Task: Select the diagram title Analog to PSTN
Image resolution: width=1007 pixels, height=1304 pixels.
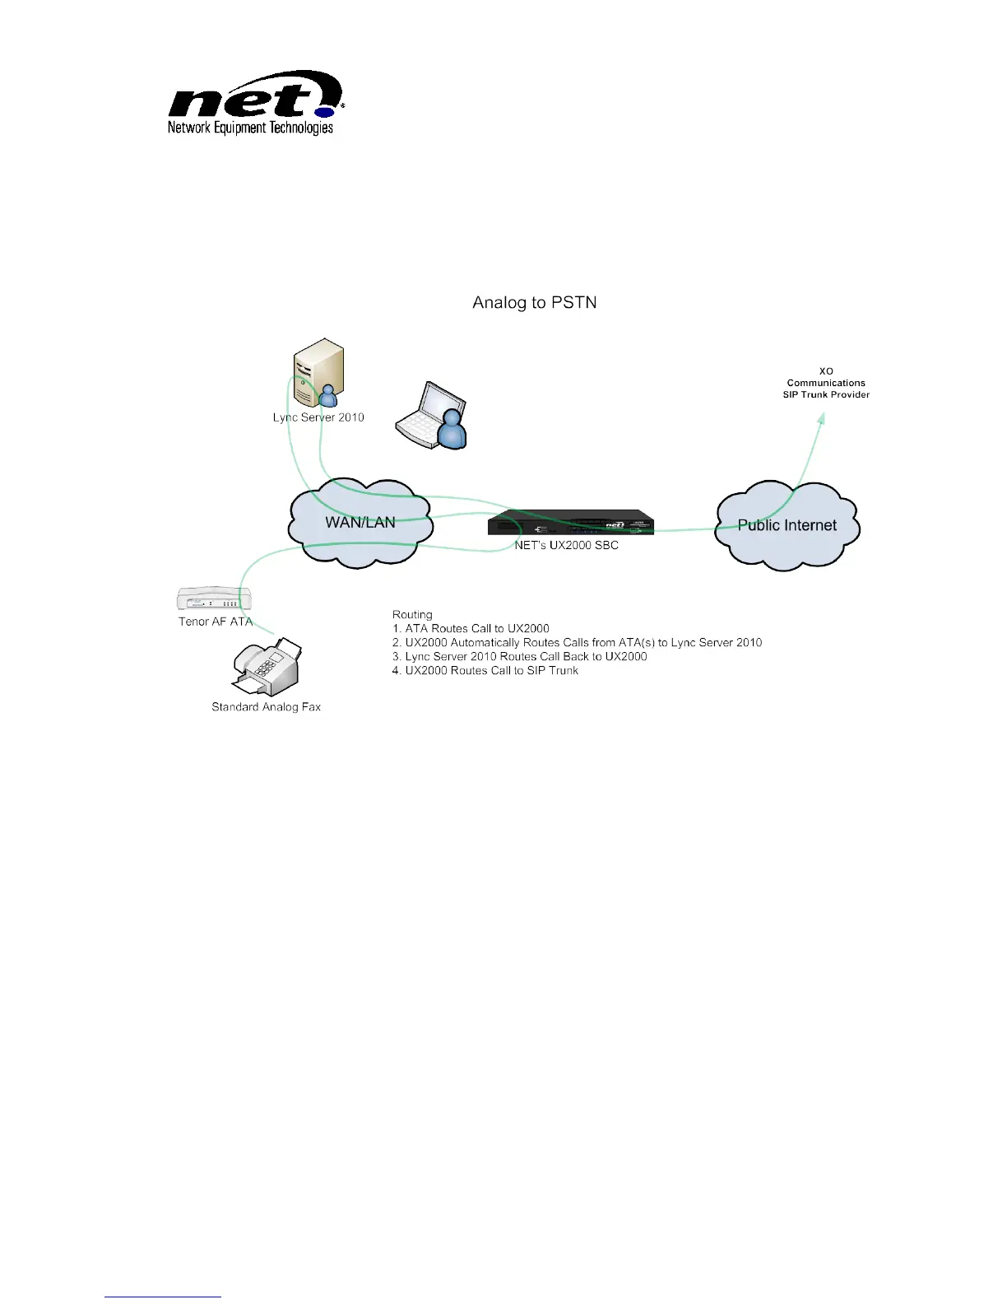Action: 534,303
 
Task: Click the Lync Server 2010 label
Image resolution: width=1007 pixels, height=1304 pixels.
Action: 318,417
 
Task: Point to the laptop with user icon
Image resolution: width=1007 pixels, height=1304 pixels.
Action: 432,416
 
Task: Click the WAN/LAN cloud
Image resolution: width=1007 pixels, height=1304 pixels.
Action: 360,523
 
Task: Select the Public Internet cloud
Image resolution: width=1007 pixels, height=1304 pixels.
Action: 787,525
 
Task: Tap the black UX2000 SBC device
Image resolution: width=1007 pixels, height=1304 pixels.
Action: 570,524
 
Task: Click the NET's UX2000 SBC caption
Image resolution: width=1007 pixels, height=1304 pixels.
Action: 566,545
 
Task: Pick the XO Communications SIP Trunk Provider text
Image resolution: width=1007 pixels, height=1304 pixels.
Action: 826,383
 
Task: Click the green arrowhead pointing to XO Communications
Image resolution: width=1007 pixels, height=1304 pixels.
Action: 820,417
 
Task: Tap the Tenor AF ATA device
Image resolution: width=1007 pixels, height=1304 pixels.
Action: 214,599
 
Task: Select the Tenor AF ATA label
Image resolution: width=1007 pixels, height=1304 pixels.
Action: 216,622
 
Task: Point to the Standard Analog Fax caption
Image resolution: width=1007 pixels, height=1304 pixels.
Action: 266,707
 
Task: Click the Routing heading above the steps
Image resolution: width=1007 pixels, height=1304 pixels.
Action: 412,615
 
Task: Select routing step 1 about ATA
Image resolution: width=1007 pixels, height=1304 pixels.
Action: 471,629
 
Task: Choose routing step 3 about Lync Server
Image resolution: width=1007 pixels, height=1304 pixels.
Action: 519,657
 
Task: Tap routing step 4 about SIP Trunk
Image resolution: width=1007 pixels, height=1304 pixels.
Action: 485,671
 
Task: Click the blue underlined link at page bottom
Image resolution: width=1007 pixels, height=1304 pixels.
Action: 163,1297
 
